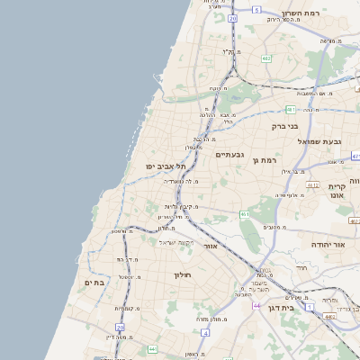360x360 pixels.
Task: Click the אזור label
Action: (x=211, y=246)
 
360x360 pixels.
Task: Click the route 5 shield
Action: (x=256, y=10)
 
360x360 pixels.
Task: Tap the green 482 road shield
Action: (x=266, y=58)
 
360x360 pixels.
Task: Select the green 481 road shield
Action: (x=291, y=110)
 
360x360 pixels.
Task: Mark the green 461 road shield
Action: (x=244, y=214)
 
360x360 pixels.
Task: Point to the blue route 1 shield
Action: (x=311, y=307)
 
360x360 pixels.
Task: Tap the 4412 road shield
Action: (x=312, y=184)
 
